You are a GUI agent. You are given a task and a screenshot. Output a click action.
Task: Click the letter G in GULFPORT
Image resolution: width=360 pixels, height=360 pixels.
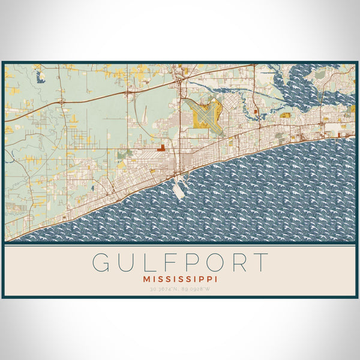(101, 263)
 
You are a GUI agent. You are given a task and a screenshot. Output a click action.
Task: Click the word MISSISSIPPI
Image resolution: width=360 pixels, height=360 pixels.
(180, 279)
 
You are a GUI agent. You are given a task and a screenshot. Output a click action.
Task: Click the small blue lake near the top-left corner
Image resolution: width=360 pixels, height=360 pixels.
(40, 77)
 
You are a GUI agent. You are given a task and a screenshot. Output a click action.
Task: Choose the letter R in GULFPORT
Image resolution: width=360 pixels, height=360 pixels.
(238, 263)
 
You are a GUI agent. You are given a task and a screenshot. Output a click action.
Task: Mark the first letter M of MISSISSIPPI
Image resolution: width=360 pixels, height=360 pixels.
(146, 279)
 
